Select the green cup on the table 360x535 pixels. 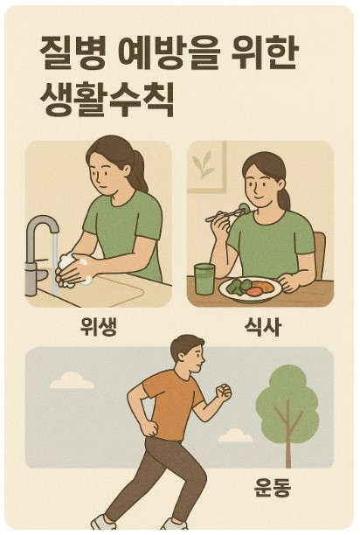204,277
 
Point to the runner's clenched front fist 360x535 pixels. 224,391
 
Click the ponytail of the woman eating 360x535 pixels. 282,188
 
